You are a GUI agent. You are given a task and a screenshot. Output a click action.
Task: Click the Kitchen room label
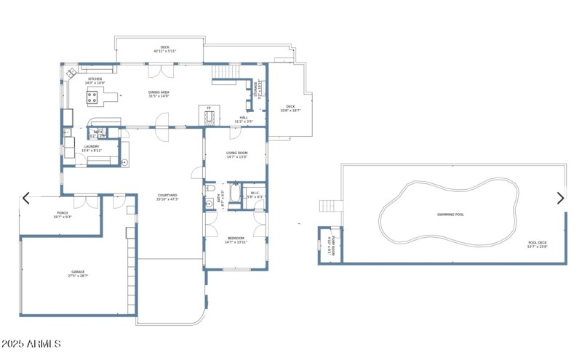coord(95,79)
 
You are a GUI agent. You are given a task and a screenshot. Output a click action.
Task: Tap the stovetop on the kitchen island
coord(95,94)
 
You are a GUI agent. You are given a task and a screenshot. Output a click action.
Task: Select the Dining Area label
coord(159,92)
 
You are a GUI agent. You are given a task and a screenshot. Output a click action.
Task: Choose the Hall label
coord(243,117)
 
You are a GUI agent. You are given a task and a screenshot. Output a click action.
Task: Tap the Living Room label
coord(237,153)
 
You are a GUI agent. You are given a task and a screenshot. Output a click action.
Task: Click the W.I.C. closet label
coord(255,194)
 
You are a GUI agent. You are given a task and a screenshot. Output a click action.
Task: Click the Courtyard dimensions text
coord(168,199)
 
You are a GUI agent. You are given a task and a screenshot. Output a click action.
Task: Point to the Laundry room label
coord(92,147)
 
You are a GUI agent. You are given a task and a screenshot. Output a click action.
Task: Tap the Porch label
coord(63,212)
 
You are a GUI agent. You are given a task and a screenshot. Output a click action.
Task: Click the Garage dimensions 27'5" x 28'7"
coord(78,276)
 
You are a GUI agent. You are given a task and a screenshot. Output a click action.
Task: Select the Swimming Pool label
coord(450,215)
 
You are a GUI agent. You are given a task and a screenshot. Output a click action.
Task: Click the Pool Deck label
coord(538,242)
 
